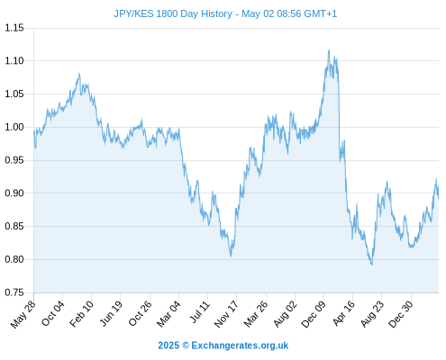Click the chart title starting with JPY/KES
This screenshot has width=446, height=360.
coord(225,13)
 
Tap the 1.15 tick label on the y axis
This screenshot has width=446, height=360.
coord(14,28)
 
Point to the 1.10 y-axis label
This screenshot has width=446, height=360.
coord(14,61)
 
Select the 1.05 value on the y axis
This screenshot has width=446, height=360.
coord(14,94)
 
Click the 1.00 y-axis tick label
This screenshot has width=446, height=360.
coord(14,127)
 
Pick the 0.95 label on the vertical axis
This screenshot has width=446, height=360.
coord(14,160)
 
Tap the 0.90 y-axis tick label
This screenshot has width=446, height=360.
coord(14,193)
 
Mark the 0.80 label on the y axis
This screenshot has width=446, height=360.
coord(14,259)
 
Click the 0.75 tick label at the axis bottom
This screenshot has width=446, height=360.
coord(14,292)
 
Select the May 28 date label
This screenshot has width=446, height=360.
coord(23,314)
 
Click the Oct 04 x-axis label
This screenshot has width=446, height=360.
coord(53,313)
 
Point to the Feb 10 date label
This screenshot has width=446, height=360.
coord(81,314)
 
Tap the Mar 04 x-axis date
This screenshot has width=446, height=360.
coord(168,314)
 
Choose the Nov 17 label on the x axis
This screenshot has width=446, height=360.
coord(226,314)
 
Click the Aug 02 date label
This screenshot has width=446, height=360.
coord(286,314)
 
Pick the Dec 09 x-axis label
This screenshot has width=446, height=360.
coord(314,314)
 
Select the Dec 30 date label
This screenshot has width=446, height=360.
coord(401,314)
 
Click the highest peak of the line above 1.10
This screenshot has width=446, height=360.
coord(329,49)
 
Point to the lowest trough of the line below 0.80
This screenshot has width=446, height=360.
coord(372,265)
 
